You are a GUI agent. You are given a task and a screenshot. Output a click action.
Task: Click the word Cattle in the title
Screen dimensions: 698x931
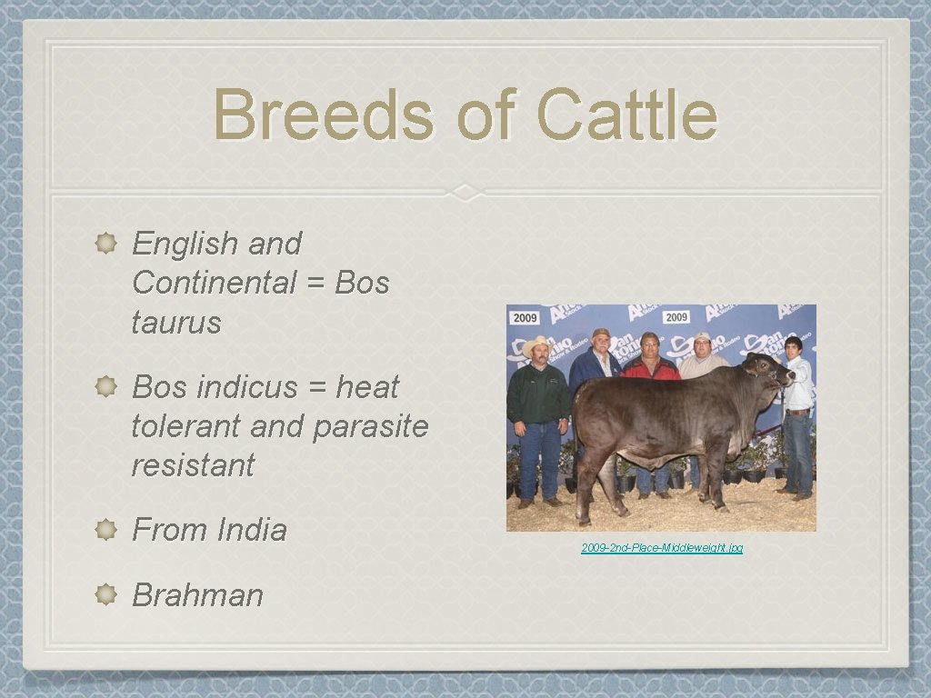(x=626, y=115)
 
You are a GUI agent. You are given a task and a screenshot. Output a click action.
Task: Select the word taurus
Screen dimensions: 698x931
(x=176, y=322)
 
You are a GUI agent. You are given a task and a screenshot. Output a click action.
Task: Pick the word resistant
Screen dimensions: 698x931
(x=193, y=465)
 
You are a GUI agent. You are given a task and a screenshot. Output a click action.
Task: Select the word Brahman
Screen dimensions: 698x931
(x=197, y=595)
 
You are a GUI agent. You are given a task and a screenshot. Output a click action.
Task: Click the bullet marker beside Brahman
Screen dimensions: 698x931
(x=105, y=595)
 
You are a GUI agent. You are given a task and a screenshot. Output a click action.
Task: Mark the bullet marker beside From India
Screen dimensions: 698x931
(x=105, y=530)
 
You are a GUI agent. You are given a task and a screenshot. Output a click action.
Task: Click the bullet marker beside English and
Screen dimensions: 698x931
(x=105, y=244)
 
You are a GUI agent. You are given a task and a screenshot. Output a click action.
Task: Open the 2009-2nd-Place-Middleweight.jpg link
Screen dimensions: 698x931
(x=662, y=548)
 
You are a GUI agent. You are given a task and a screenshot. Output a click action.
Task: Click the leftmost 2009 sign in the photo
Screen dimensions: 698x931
(x=526, y=318)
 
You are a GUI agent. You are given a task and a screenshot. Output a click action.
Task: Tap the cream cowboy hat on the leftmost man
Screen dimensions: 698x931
(x=536, y=345)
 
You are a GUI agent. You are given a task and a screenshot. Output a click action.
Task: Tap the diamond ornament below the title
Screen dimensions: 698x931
(x=465, y=192)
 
